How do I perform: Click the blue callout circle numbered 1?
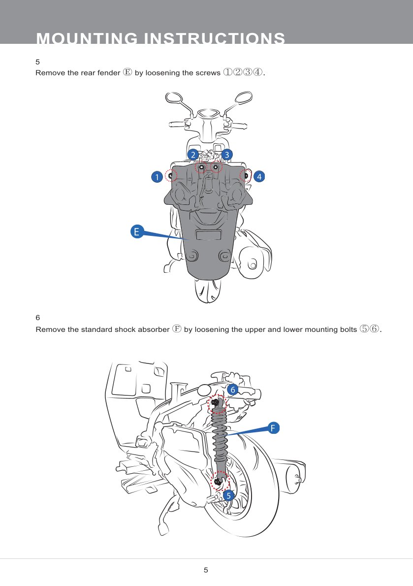[x=157, y=176]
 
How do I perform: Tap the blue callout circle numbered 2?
[x=193, y=155]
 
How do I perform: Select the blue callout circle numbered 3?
[x=226, y=155]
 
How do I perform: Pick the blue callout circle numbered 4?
[x=259, y=175]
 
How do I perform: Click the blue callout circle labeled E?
[x=137, y=231]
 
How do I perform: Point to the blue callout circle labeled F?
[x=273, y=427]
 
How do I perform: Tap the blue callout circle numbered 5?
[x=228, y=495]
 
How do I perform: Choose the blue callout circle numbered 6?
[x=233, y=390]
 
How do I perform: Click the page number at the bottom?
[x=206, y=570]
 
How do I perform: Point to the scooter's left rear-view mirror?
[x=174, y=98]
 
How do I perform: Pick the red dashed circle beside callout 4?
[x=245, y=175]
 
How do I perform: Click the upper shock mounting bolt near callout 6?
[x=216, y=403]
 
